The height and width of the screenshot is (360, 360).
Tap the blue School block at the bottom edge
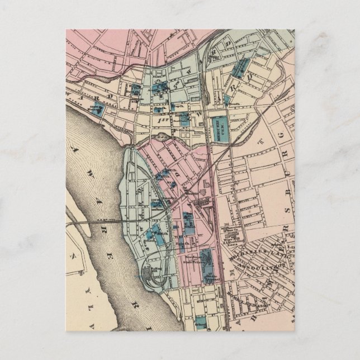coord(200,324)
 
